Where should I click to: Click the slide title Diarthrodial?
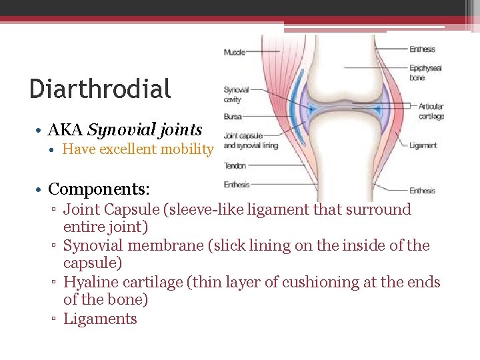100,89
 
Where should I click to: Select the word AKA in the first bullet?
65,129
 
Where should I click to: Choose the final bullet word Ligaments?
100,319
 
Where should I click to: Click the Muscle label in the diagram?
234,52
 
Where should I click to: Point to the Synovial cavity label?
236,95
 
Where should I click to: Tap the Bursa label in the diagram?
233,117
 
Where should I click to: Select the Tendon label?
235,165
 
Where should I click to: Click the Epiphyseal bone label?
425,73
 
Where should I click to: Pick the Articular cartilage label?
431,111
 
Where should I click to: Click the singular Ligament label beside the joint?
423,145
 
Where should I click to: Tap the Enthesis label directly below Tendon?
236,185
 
